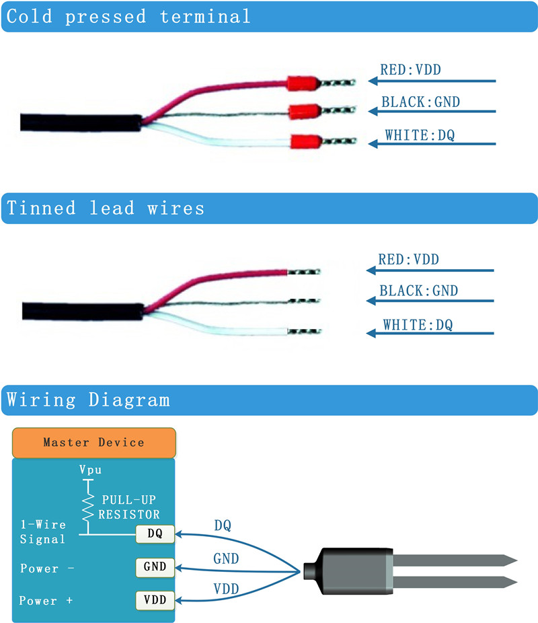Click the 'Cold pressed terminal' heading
(x=128, y=17)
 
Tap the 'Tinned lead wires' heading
(x=105, y=209)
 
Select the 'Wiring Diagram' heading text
(x=88, y=400)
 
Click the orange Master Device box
(x=93, y=443)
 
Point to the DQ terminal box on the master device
(x=155, y=534)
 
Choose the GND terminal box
(x=155, y=566)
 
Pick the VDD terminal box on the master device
(x=155, y=599)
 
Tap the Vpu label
(x=91, y=470)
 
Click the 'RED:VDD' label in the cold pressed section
(x=410, y=69)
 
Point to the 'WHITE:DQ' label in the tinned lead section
(x=418, y=325)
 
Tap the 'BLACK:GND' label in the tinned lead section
(x=418, y=291)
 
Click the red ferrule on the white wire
(x=304, y=142)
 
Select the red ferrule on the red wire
(x=302, y=84)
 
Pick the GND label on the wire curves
(x=226, y=558)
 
